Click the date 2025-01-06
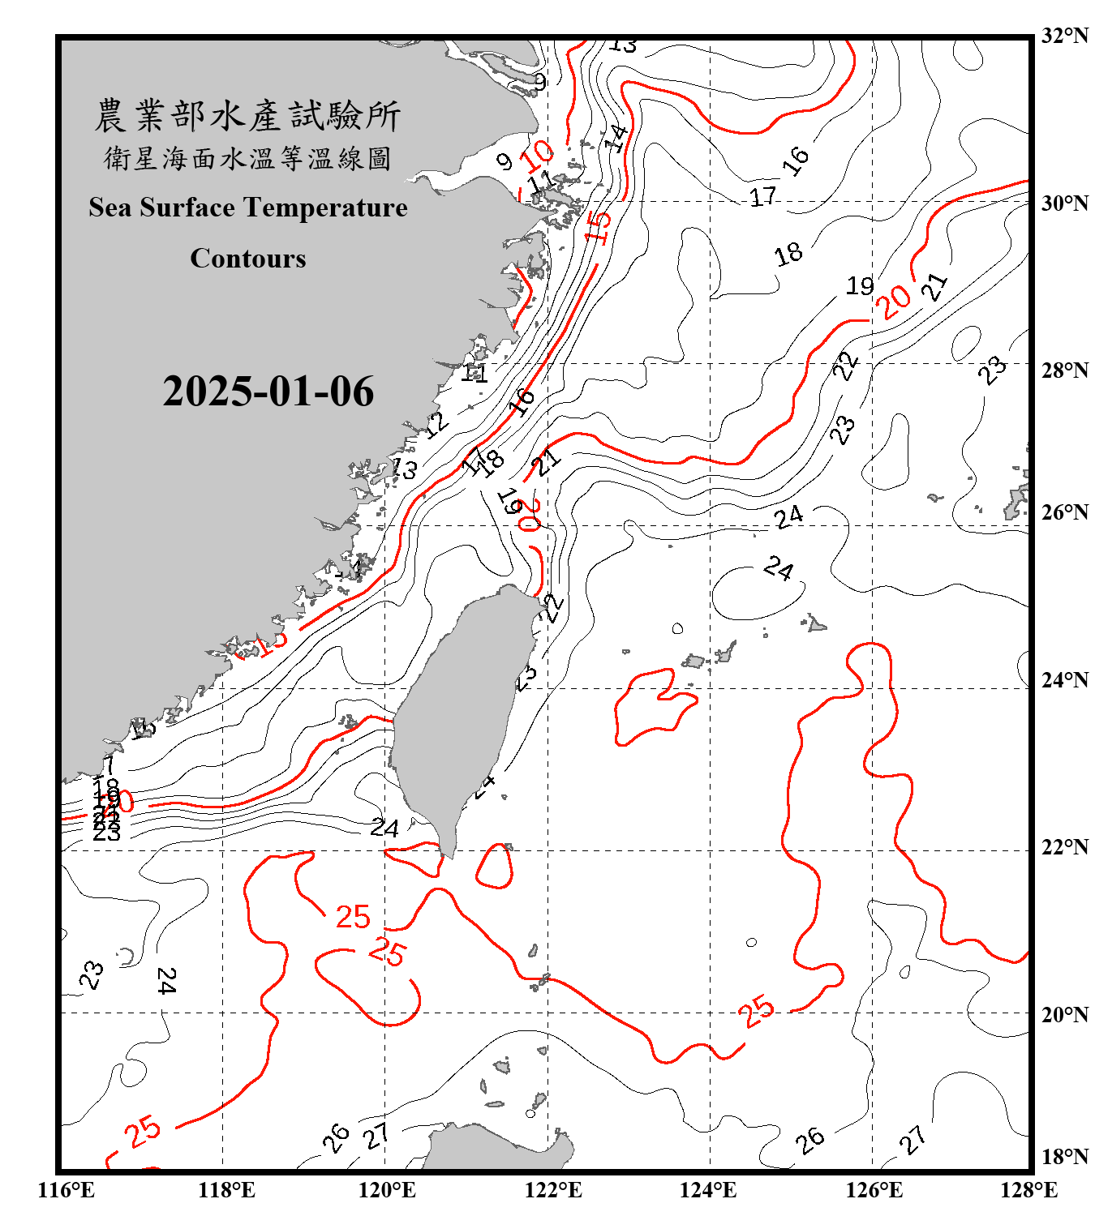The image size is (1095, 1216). coord(268,392)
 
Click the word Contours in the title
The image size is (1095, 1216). coord(248,259)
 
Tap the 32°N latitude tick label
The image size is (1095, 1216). coord(1064,36)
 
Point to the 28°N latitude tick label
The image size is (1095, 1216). coord(1064,370)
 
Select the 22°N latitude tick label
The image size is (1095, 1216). coord(1064,847)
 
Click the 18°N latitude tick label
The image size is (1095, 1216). coord(1064,1157)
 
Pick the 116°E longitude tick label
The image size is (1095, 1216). coord(67,1190)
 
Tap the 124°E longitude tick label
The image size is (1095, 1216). coord(708,1190)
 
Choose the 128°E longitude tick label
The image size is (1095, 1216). coord(1028,1190)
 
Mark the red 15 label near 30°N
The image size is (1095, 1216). coord(598,226)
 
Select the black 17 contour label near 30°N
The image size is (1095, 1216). coord(762,196)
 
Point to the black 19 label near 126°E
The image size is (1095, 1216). coord(860,285)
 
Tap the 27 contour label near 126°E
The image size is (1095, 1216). coord(912,1139)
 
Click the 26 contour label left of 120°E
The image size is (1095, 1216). coord(336,1137)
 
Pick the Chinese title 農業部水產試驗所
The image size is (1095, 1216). coord(247,116)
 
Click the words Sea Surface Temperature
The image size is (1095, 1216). coord(248,208)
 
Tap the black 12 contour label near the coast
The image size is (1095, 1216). coord(436,422)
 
